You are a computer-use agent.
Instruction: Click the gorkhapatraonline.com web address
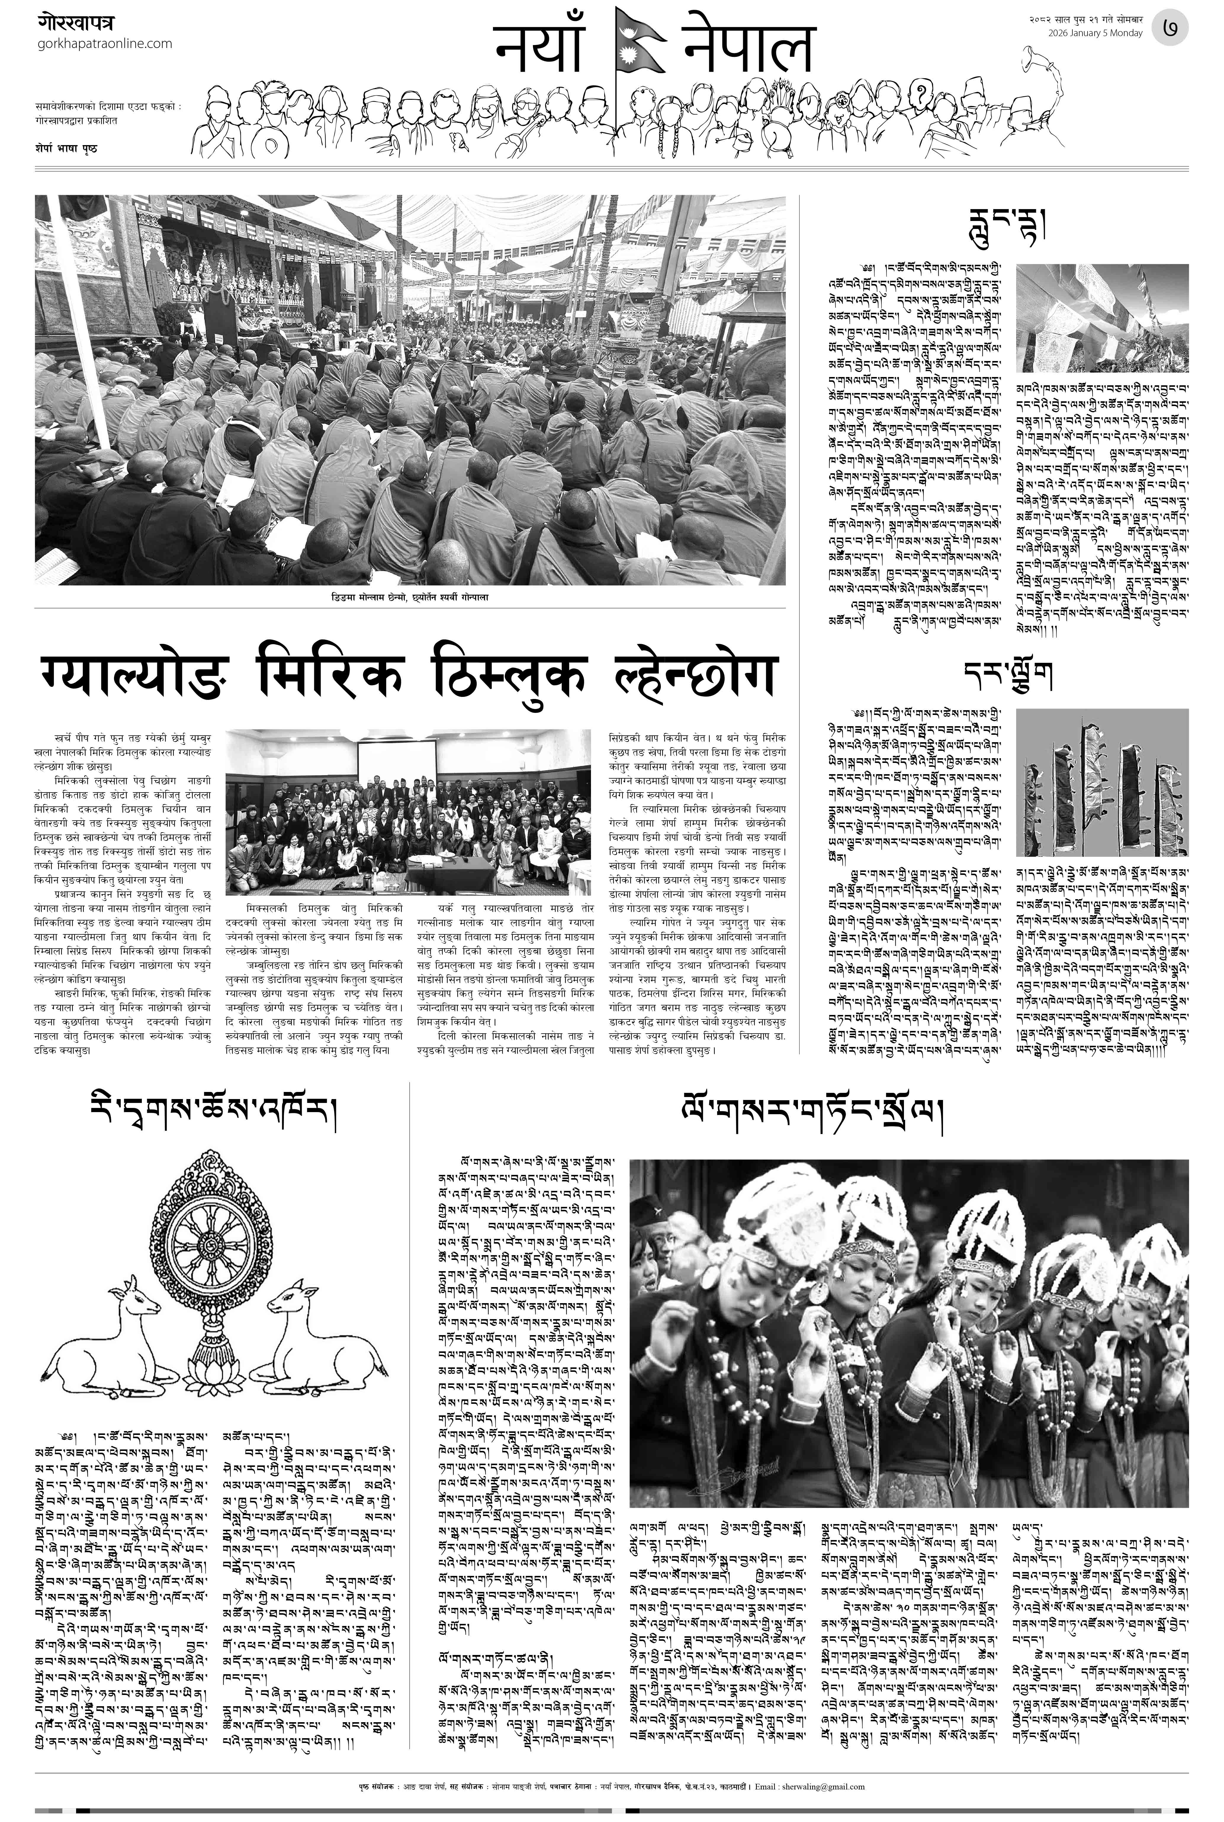point(105,44)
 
